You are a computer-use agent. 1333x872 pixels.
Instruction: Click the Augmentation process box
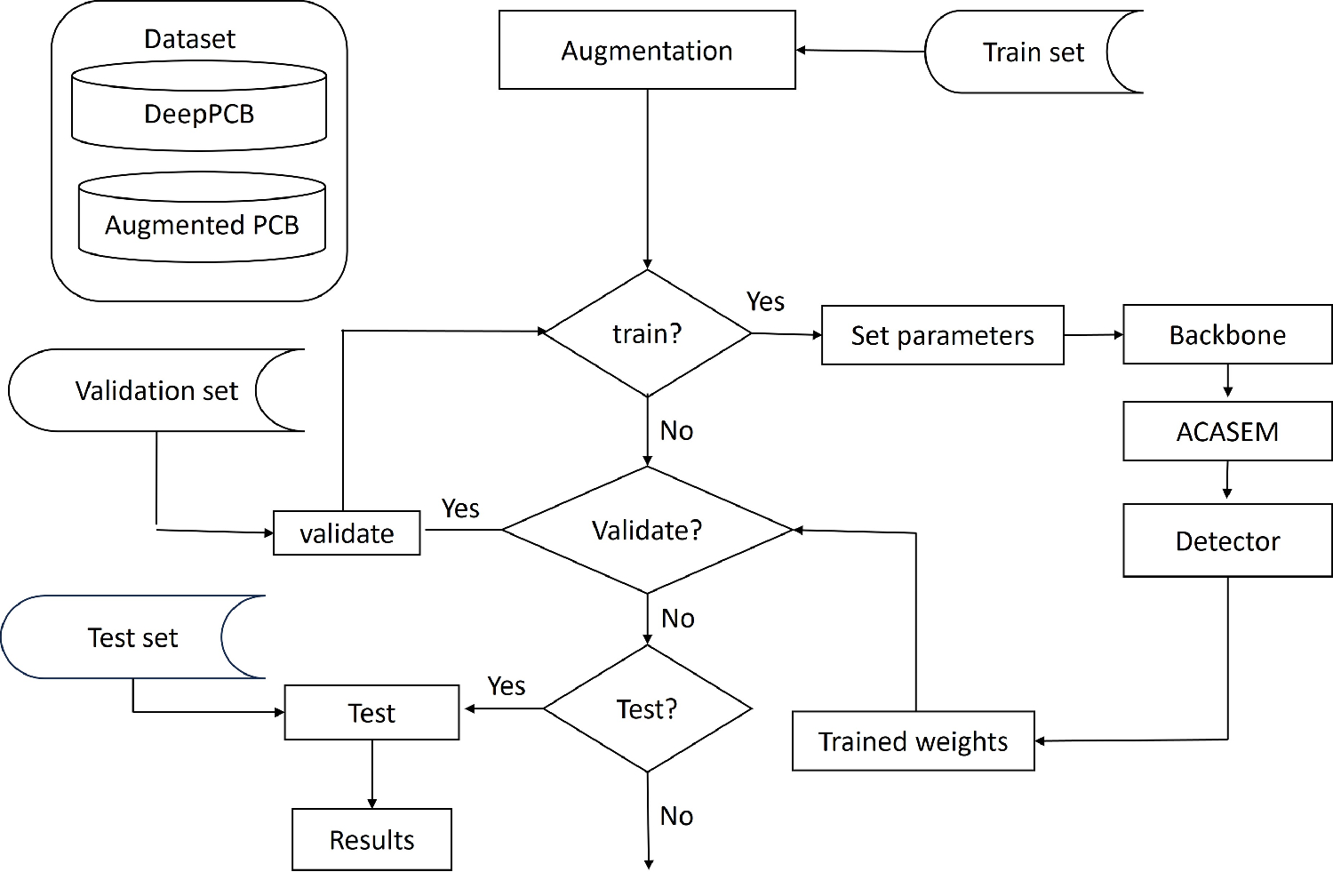[647, 51]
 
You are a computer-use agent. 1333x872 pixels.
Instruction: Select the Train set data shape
[1033, 52]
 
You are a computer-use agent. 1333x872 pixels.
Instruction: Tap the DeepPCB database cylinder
[199, 114]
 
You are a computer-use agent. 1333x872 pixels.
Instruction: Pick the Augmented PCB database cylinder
[202, 224]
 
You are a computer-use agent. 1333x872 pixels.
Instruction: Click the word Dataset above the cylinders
[189, 39]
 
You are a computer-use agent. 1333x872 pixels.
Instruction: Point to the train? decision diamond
[647, 333]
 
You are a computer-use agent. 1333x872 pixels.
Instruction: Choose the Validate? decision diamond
[647, 530]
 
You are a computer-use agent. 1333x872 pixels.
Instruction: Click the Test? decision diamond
[647, 708]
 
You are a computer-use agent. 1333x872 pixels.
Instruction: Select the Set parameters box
[942, 335]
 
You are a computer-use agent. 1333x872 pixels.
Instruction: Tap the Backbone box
[1227, 335]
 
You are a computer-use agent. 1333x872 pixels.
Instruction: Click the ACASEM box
[1227, 431]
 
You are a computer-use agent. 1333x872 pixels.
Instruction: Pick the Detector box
[1227, 540]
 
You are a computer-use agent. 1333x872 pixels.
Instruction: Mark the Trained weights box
[913, 740]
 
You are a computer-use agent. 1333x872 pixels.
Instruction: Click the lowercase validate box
[347, 533]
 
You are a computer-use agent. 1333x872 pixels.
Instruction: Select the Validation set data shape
[156, 390]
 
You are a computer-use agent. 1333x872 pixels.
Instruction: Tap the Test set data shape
[132, 637]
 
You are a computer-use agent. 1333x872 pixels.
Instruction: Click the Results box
[371, 839]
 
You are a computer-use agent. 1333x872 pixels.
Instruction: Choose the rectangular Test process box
[371, 713]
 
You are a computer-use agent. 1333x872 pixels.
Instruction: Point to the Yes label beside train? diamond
[765, 302]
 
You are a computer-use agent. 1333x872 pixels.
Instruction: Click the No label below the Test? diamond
[676, 816]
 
